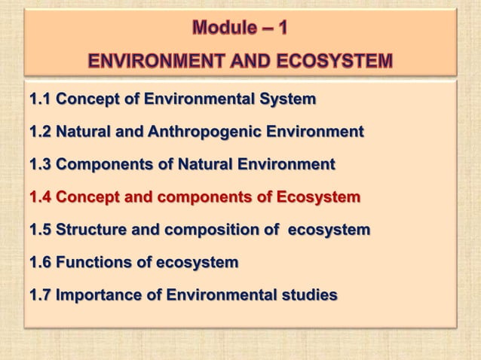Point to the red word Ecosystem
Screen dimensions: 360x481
coord(318,197)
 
